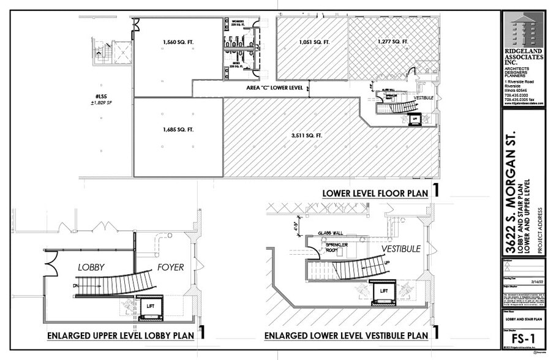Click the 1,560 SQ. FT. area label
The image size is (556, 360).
[x=178, y=42]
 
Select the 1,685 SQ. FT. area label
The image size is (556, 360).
[x=178, y=130]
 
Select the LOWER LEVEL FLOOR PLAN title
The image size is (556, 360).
[x=375, y=193]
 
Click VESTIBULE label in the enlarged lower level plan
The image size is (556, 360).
[x=400, y=249]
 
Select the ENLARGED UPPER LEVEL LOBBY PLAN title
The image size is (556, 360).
[x=121, y=336]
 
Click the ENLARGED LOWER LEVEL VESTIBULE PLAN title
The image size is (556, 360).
[x=346, y=336]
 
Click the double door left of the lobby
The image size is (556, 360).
[x=48, y=264]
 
